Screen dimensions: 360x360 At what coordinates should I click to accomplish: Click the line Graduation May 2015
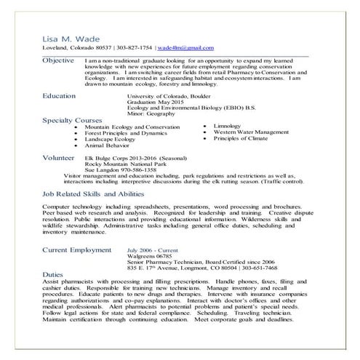click(x=153, y=103)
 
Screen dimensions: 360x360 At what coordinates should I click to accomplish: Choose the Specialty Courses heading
click(x=75, y=121)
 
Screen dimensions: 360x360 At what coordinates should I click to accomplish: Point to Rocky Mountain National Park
click(x=124, y=164)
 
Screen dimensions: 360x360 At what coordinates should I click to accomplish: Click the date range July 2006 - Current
click(x=151, y=249)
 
